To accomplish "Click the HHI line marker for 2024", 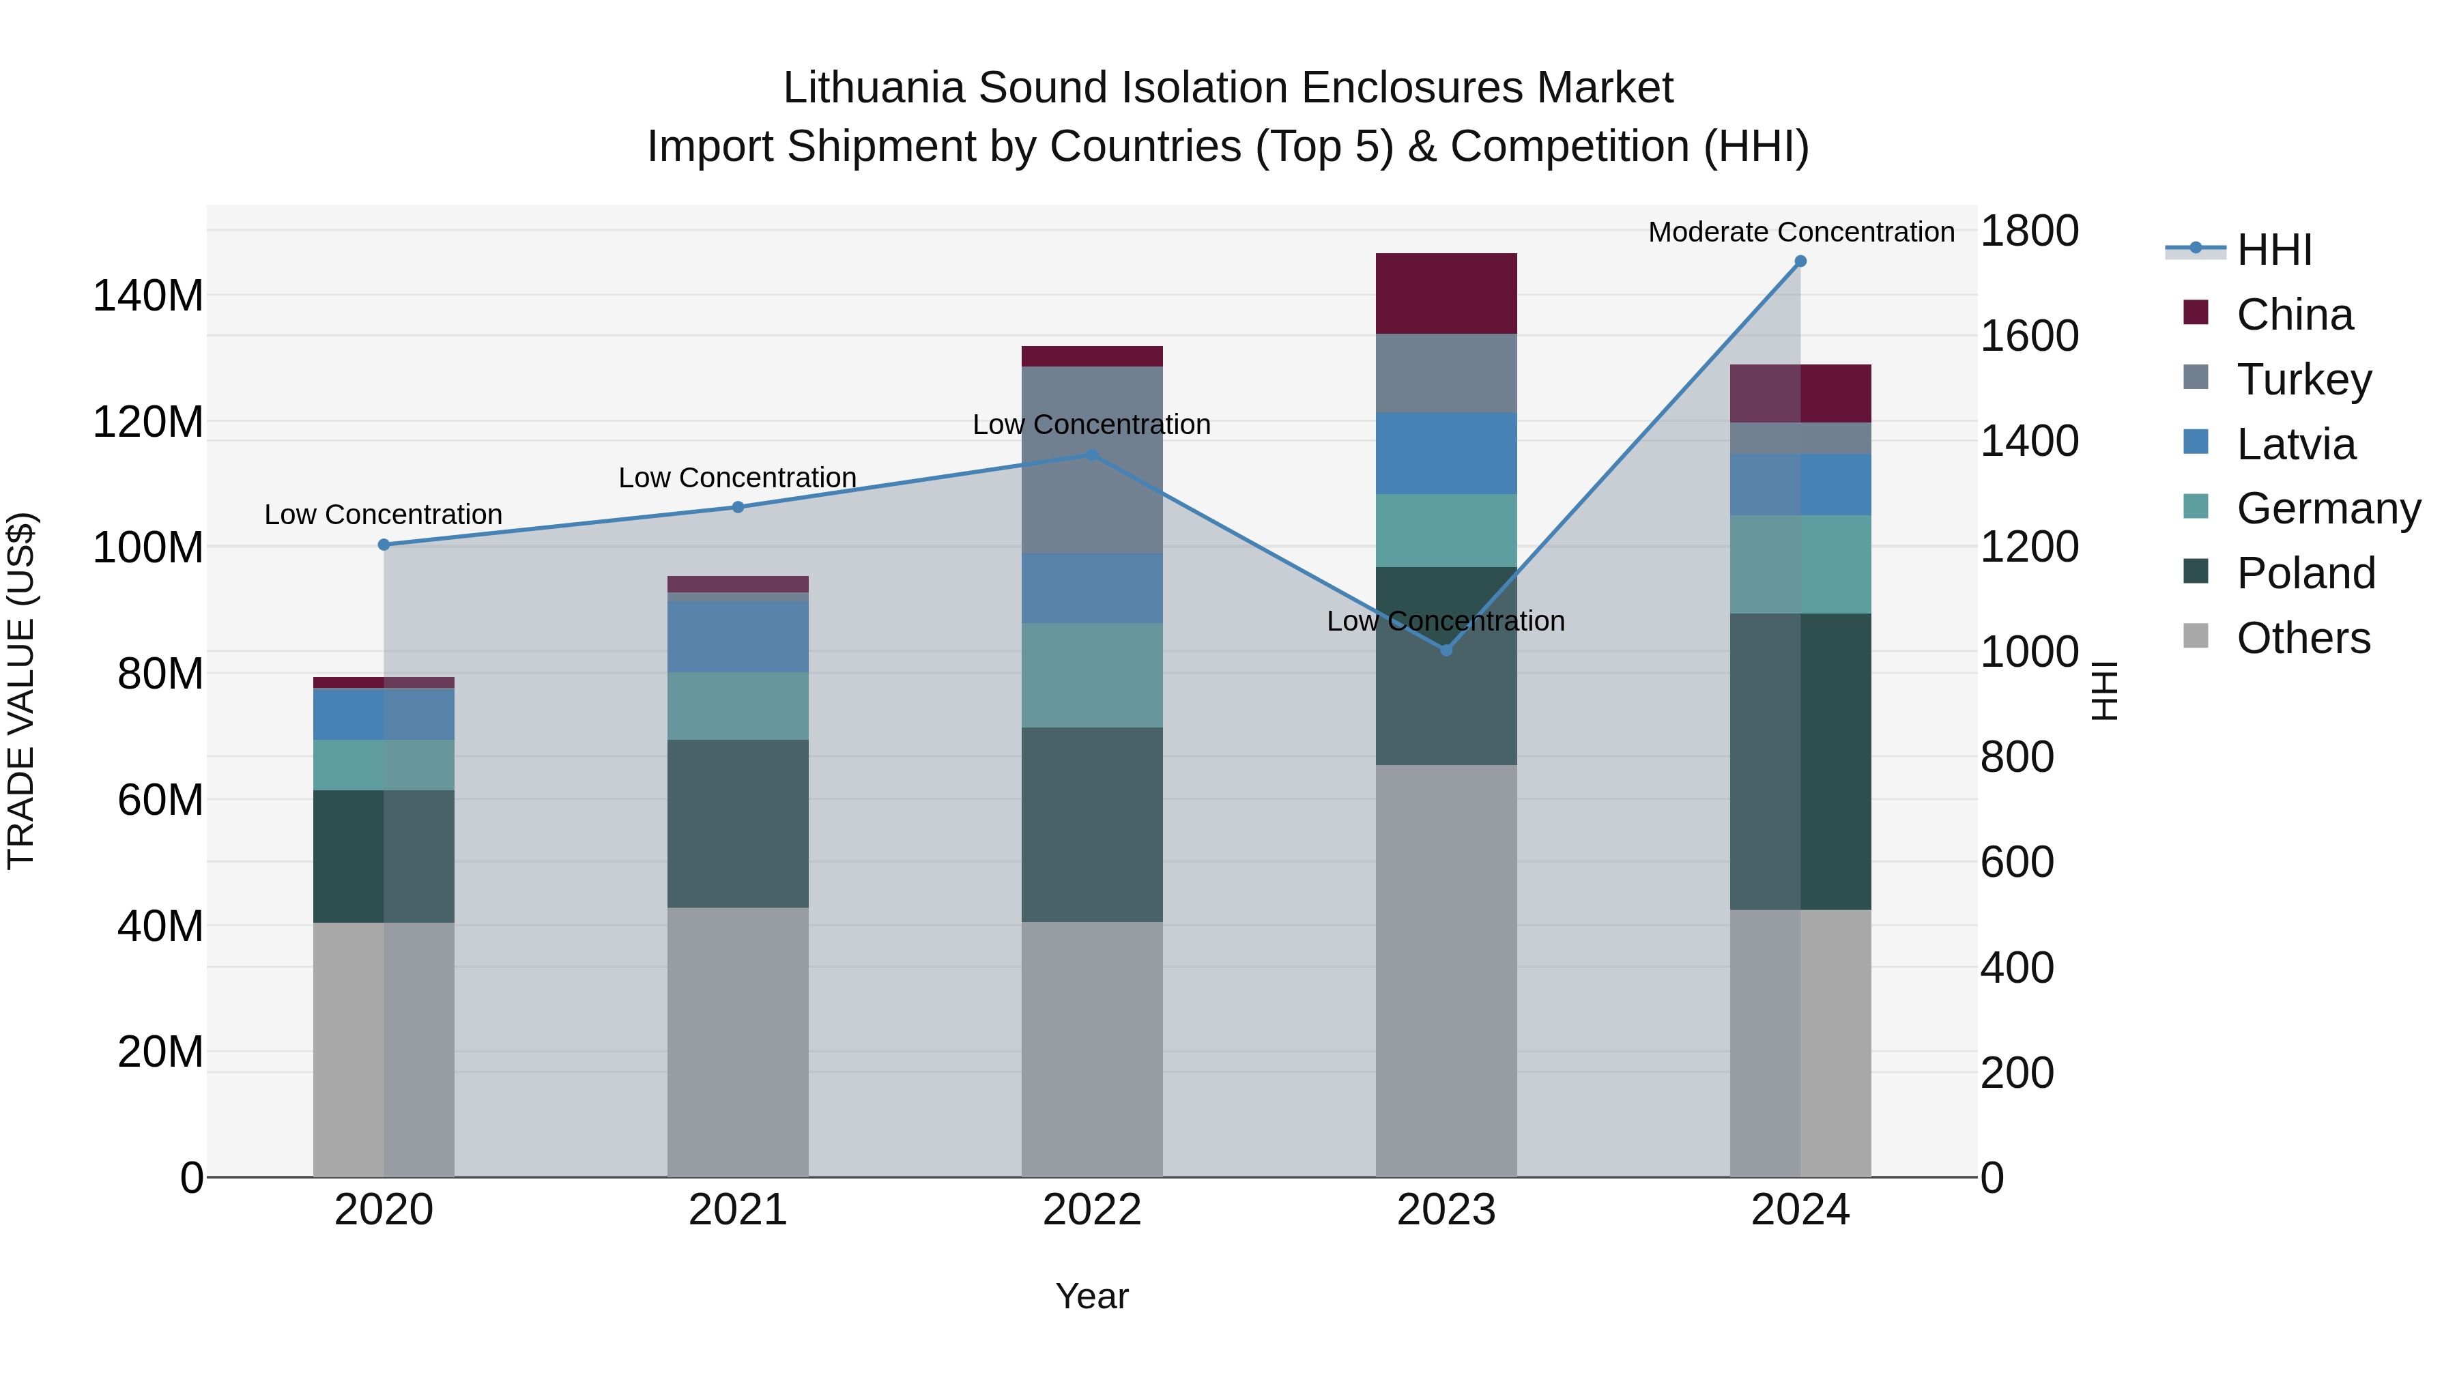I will click(x=1800, y=261).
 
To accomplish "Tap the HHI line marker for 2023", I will click(x=1446, y=650).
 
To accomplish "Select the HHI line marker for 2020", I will click(x=384, y=545).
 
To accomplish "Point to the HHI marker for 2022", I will click(x=1092, y=455).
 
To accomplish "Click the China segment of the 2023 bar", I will click(x=1446, y=293).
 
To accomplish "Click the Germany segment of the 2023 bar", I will click(x=1446, y=530).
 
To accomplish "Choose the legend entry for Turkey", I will click(x=2303, y=379).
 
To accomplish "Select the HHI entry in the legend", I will click(x=2274, y=250).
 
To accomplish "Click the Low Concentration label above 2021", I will click(x=737, y=478).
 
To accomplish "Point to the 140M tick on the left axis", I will click(x=148, y=296).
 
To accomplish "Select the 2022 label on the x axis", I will click(x=1092, y=1210).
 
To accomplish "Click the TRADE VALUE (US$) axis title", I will click(x=21, y=691).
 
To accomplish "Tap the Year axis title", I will click(x=1092, y=1296).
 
